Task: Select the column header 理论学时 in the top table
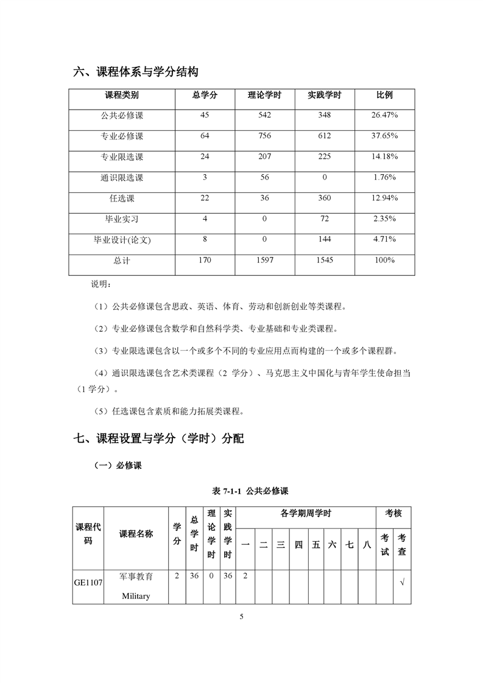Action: point(264,95)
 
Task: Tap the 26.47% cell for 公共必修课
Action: point(384,116)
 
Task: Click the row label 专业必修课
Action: point(122,136)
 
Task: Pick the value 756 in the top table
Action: point(264,136)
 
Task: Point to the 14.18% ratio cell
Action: point(384,157)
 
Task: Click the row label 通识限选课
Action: point(122,178)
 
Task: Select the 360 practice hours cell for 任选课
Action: point(324,198)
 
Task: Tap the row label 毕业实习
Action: point(122,219)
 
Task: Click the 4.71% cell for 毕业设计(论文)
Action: point(384,239)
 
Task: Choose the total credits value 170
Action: point(205,261)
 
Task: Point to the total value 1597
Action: point(264,261)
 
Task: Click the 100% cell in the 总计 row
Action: point(384,261)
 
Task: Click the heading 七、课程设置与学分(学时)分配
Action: point(158,438)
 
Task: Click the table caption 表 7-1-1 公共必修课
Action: point(241,491)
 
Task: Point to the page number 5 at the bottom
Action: point(241,617)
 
